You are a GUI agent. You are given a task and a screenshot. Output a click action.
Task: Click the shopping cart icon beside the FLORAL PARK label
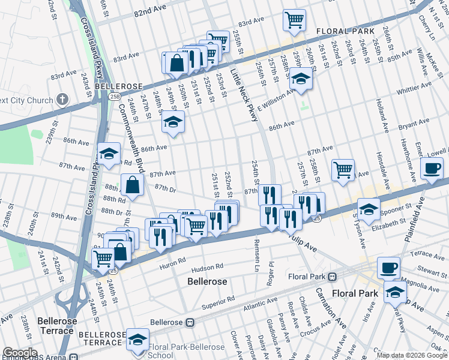point(294,21)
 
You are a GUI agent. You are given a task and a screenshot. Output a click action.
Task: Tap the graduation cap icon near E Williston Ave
point(300,80)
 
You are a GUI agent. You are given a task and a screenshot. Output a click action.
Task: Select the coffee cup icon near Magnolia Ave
point(388,267)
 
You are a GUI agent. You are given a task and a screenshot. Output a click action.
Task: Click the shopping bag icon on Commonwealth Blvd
point(132,185)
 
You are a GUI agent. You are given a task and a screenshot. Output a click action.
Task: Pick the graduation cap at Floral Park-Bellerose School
point(138,340)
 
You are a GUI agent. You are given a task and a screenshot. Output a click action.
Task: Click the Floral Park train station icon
point(331,277)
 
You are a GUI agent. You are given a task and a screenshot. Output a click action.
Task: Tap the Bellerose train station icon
point(190,322)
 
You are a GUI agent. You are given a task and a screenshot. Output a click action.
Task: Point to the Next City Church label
point(26,100)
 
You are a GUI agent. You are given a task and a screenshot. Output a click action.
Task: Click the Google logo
point(20,353)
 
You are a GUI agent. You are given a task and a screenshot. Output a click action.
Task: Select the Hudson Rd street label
point(209,264)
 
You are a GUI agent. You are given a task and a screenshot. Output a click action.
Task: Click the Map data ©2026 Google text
point(411,355)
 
